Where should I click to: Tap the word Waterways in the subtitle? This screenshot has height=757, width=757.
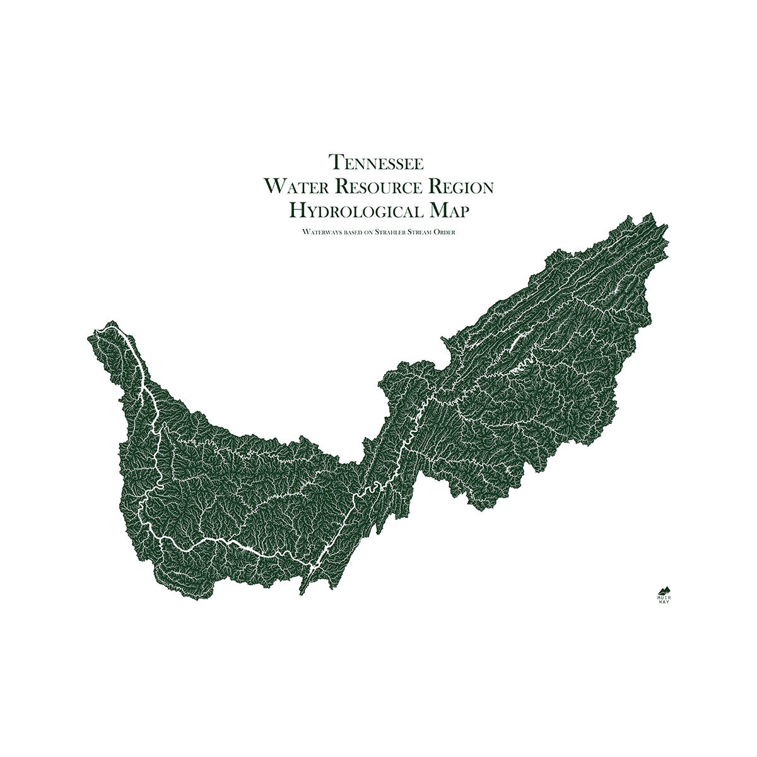319,233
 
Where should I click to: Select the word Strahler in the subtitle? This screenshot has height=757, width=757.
392,233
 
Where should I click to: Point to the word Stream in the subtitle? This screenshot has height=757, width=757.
423,233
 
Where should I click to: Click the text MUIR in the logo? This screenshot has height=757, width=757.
664,597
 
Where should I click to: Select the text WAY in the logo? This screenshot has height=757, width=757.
664,602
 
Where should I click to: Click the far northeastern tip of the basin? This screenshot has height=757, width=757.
666,224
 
